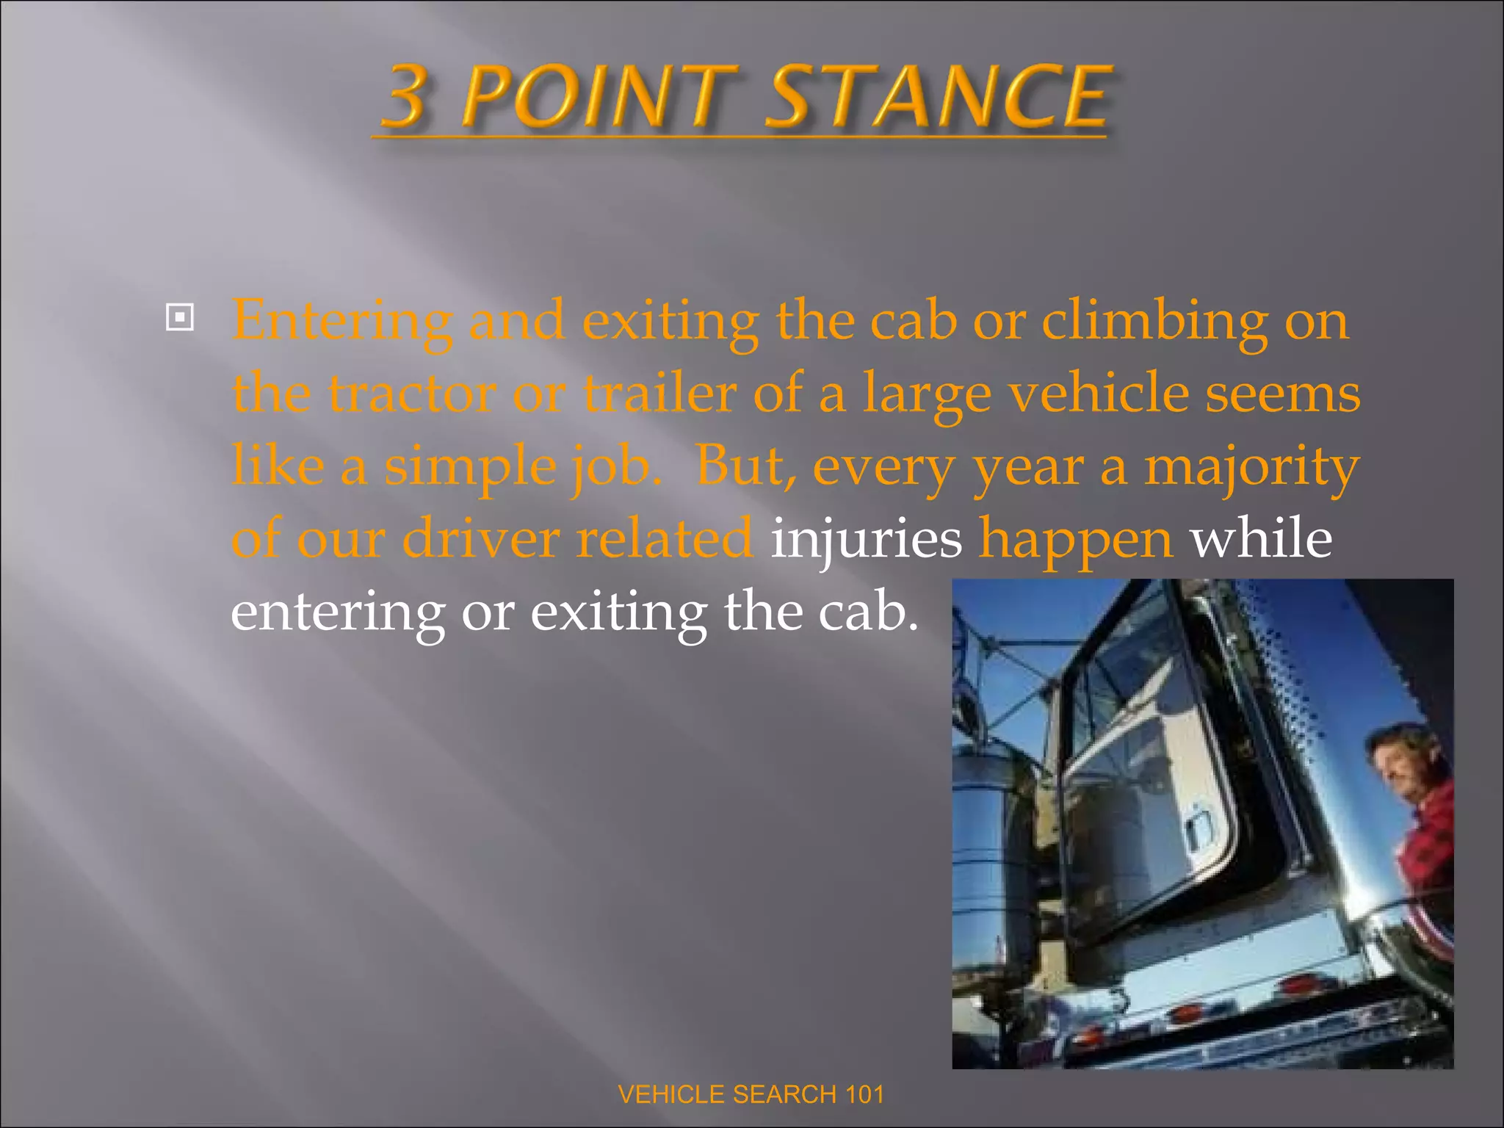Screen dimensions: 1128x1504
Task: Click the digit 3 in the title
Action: click(x=405, y=96)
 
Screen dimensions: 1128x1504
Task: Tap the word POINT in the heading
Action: click(x=601, y=96)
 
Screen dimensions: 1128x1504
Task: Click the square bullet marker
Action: click(x=180, y=318)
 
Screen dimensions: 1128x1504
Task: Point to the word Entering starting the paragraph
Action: click(x=341, y=322)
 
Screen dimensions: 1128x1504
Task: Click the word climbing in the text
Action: click(x=1154, y=322)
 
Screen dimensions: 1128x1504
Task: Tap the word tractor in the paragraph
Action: click(x=411, y=394)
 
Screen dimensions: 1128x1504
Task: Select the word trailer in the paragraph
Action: click(x=659, y=394)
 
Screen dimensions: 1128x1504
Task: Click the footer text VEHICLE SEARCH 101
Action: click(x=751, y=1094)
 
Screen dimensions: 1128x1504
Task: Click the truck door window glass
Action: click(x=1146, y=705)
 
